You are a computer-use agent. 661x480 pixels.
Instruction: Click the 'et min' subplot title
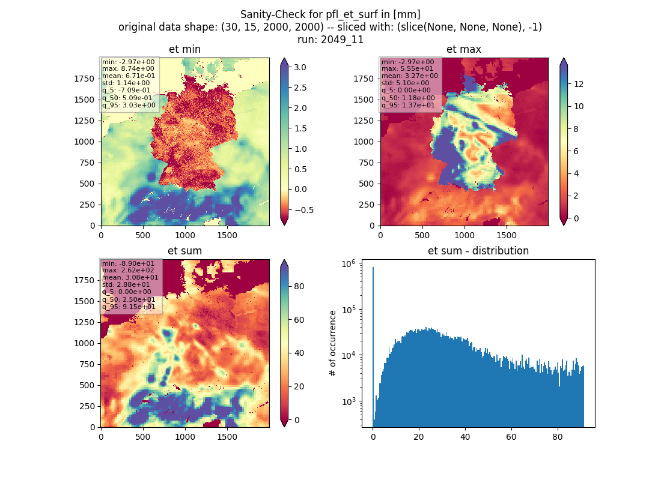tap(184, 49)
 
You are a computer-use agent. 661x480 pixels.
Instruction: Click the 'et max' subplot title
tap(464, 49)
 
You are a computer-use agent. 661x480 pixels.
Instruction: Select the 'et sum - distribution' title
tap(478, 251)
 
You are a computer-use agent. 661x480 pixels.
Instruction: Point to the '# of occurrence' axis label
tap(333, 344)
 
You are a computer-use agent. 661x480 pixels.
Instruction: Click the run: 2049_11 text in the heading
tap(330, 40)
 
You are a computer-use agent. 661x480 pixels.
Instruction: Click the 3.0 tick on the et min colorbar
tap(300, 67)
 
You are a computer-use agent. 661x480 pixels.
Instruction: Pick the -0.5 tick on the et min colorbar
tap(303, 210)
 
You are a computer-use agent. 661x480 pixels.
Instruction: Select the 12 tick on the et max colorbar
tap(579, 84)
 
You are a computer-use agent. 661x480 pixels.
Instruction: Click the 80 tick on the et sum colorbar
tap(299, 286)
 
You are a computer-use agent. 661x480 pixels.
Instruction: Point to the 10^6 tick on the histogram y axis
tap(348, 263)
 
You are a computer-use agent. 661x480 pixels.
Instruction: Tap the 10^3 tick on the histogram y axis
tap(348, 401)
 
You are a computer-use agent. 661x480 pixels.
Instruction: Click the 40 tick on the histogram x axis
tap(465, 437)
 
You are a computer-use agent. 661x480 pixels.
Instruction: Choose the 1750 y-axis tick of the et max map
tap(364, 79)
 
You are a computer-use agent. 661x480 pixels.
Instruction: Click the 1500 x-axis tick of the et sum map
tap(227, 437)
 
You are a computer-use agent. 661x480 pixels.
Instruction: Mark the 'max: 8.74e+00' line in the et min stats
tap(128, 68)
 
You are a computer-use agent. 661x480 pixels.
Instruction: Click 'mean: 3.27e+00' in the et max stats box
tap(410, 76)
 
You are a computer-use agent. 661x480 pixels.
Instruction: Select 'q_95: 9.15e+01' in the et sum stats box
tap(129, 307)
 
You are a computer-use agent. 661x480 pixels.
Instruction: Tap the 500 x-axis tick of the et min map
tap(143, 235)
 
